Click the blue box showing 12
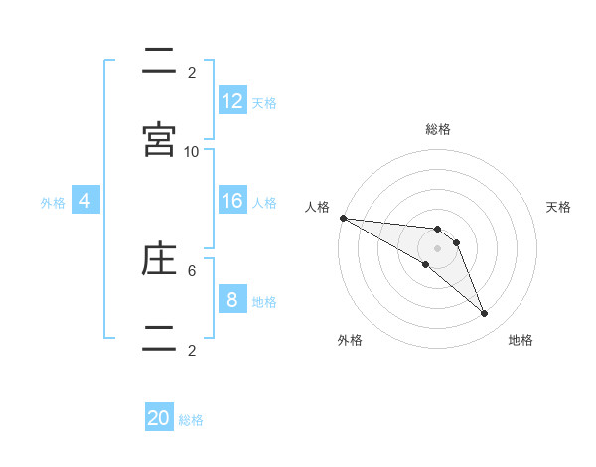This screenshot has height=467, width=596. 232,101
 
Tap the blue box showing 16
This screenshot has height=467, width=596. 232,201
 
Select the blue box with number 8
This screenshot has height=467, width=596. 232,300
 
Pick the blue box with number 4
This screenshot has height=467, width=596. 85,201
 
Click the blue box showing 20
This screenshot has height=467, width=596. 159,418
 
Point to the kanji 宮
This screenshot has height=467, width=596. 159,139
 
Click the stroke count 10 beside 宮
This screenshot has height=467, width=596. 192,151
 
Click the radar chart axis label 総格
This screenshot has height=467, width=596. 438,129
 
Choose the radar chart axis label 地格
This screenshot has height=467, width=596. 521,341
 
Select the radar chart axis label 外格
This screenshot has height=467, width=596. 350,341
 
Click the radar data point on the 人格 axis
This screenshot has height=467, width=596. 343,218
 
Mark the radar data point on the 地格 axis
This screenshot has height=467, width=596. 485,314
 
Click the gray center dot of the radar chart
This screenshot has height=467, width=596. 438,248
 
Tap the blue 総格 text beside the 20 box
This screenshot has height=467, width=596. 191,420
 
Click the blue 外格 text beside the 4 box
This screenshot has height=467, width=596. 53,203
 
